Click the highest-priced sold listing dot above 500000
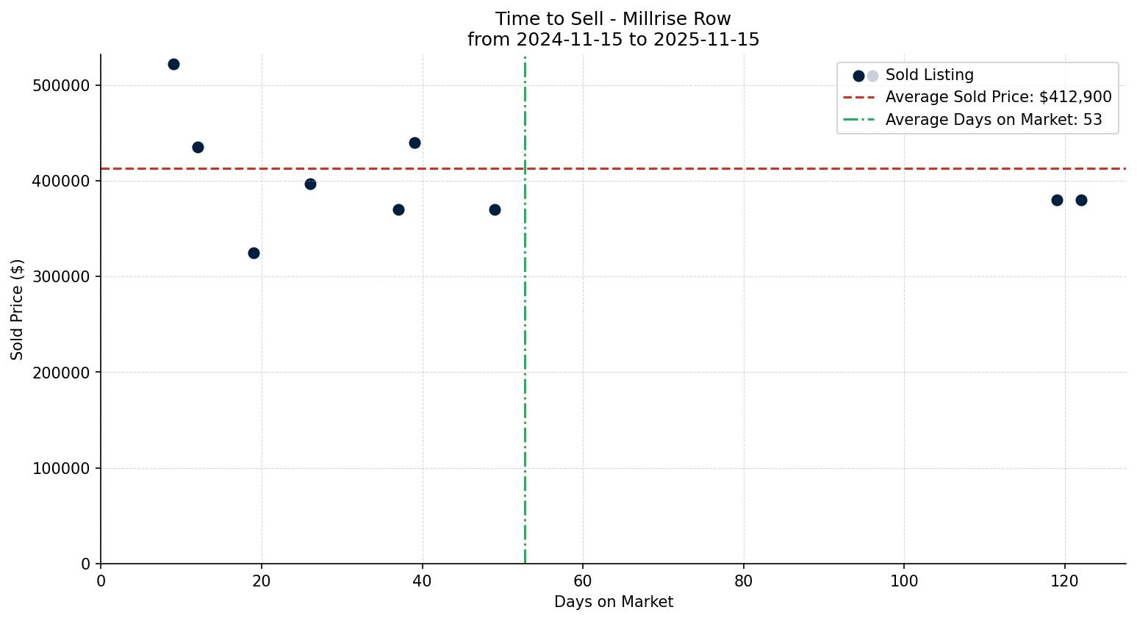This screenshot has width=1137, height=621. pos(173,65)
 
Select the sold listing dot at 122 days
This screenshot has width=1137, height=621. pos(1081,201)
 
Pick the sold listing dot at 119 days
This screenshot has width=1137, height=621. pos(1057,201)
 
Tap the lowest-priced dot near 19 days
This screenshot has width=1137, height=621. pos(254,254)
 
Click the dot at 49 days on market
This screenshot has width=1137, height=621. pos(495,210)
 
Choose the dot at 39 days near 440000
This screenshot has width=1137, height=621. pos(415,143)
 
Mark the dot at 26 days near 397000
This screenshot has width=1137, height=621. pos(310,184)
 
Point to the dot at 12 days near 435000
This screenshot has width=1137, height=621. pos(198,148)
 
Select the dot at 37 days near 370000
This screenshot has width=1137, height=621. pos(398,210)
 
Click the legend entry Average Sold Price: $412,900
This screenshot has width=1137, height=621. pos(998,98)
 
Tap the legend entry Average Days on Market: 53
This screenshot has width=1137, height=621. pos(993,120)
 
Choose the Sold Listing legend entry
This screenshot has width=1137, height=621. pos(929,76)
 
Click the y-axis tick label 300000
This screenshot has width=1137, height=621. pos(62,277)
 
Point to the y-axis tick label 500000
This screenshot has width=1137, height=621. pos(62,86)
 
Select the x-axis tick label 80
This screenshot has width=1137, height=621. pos(744,581)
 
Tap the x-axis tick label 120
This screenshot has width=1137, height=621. pos(1065,581)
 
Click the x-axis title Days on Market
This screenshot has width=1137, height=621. pos(614,603)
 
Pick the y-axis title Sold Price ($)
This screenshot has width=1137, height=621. pos(18,309)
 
